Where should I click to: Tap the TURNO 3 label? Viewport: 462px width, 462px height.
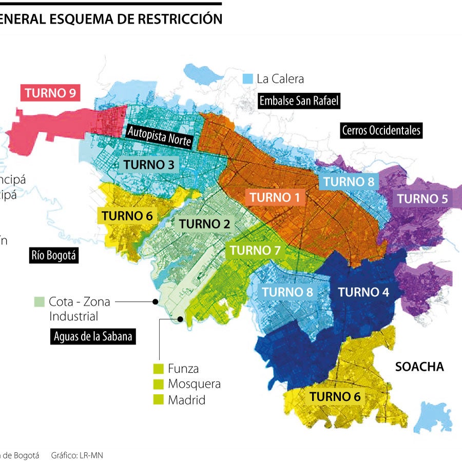148,165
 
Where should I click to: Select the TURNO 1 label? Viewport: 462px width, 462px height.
274,197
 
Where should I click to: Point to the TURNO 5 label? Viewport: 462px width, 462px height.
422,199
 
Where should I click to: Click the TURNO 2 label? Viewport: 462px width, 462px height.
204,224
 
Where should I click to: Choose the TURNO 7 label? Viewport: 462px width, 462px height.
255,251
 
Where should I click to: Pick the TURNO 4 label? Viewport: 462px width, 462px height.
363,292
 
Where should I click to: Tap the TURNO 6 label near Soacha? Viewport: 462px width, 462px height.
335,396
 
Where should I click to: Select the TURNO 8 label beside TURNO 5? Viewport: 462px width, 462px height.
348,181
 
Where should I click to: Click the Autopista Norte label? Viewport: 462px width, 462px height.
160,136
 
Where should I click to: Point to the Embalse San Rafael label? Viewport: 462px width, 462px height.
299,101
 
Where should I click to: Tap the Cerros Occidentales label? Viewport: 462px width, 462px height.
381,130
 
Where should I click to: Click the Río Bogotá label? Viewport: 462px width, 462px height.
54,256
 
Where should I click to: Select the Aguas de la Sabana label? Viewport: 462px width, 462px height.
93,337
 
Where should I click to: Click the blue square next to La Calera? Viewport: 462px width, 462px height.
248,79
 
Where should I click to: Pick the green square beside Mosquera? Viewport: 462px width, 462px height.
159,384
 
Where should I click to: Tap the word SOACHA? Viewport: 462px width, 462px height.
419,367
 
